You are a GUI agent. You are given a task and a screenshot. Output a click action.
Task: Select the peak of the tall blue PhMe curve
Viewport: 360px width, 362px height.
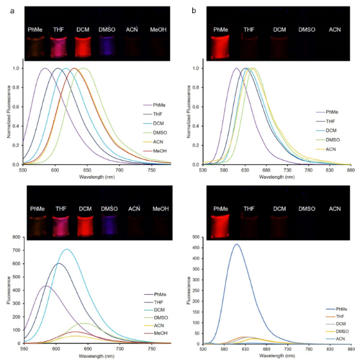[x=236, y=244]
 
